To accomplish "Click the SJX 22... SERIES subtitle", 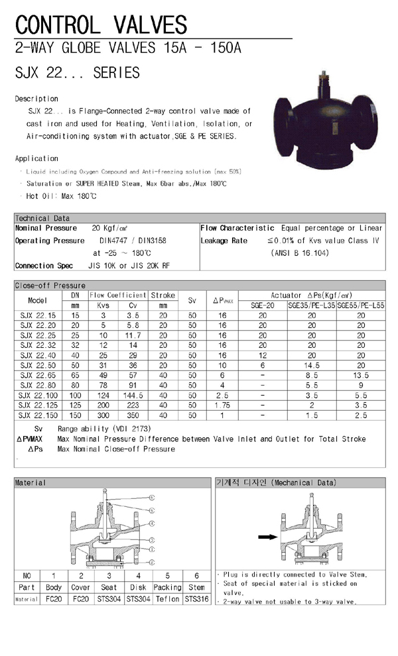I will tap(77, 72).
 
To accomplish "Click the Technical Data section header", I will tap(42, 218).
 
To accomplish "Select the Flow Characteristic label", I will tap(237, 228).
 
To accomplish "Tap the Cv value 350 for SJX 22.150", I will tap(133, 415).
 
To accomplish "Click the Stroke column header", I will tap(163, 295).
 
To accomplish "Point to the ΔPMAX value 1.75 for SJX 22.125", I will tap(222, 405).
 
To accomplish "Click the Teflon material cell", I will tap(167, 599).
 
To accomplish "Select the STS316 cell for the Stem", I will tap(196, 599).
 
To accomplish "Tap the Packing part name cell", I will tap(167, 587).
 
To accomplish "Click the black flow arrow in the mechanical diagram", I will tap(267, 537).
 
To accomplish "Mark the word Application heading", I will tap(37, 158).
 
